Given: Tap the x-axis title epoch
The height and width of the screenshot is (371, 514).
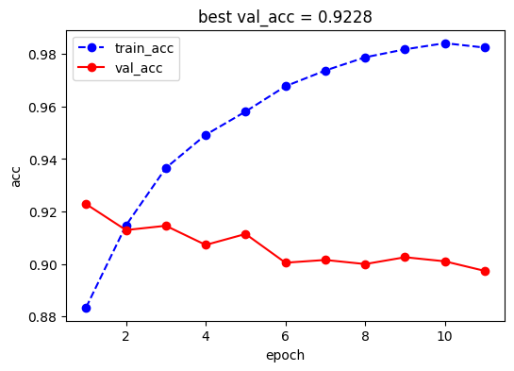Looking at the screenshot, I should point(285,355).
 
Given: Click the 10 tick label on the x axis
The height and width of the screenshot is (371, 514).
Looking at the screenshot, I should point(444,335).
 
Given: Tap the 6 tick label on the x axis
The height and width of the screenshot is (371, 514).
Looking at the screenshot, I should point(286,335).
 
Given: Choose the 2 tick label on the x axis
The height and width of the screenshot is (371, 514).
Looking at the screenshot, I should point(126,335).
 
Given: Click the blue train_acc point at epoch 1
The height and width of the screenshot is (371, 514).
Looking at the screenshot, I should point(86,308).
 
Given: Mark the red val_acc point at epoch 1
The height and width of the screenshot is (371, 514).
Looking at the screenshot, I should point(86,204).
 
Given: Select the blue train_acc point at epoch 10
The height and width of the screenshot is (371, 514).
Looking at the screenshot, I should point(444,43).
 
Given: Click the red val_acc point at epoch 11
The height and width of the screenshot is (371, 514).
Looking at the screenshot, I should point(485,271).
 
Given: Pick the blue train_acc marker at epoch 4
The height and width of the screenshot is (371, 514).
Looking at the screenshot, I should point(206,135).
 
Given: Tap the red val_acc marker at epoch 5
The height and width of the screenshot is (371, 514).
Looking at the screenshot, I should point(245,234).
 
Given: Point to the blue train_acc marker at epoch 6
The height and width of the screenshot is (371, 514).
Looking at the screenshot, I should point(286,86).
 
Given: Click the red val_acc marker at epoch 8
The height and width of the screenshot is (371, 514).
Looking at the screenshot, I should point(365,264).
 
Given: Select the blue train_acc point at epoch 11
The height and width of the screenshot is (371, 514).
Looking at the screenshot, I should point(485,47).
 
